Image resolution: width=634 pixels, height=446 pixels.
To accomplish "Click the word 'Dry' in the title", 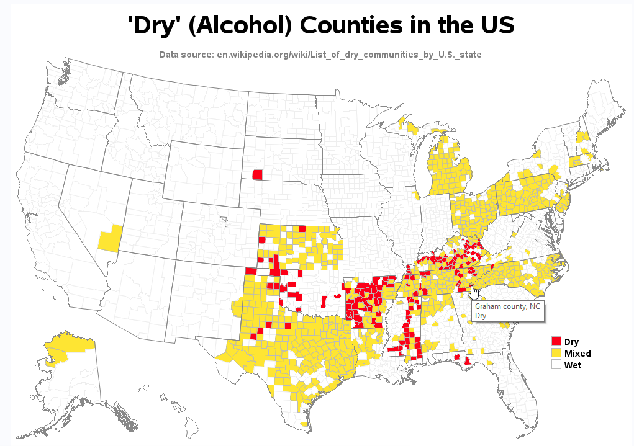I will click(x=152, y=25).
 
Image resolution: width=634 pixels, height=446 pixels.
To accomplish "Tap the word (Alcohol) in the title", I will click(x=238, y=25).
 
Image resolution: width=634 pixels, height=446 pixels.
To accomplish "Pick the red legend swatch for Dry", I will click(x=556, y=341).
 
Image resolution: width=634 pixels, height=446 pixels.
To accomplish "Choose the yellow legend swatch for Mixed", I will click(x=556, y=353).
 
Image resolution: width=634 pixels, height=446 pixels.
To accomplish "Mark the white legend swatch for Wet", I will click(x=556, y=365).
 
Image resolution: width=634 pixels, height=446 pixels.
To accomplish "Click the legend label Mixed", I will click(x=577, y=354).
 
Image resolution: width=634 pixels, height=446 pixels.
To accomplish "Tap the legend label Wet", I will click(x=573, y=365).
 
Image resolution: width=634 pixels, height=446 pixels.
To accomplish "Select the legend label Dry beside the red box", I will click(x=571, y=342).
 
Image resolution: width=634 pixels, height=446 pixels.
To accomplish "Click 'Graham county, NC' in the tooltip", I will click(x=508, y=306).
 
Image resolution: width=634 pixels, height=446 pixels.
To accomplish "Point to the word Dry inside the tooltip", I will click(x=481, y=316).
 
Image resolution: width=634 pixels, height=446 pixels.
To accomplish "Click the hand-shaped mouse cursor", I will click(x=474, y=291).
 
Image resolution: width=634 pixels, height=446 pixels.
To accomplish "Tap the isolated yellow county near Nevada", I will click(x=108, y=239).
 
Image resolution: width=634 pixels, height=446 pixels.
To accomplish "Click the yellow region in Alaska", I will click(x=68, y=344).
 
